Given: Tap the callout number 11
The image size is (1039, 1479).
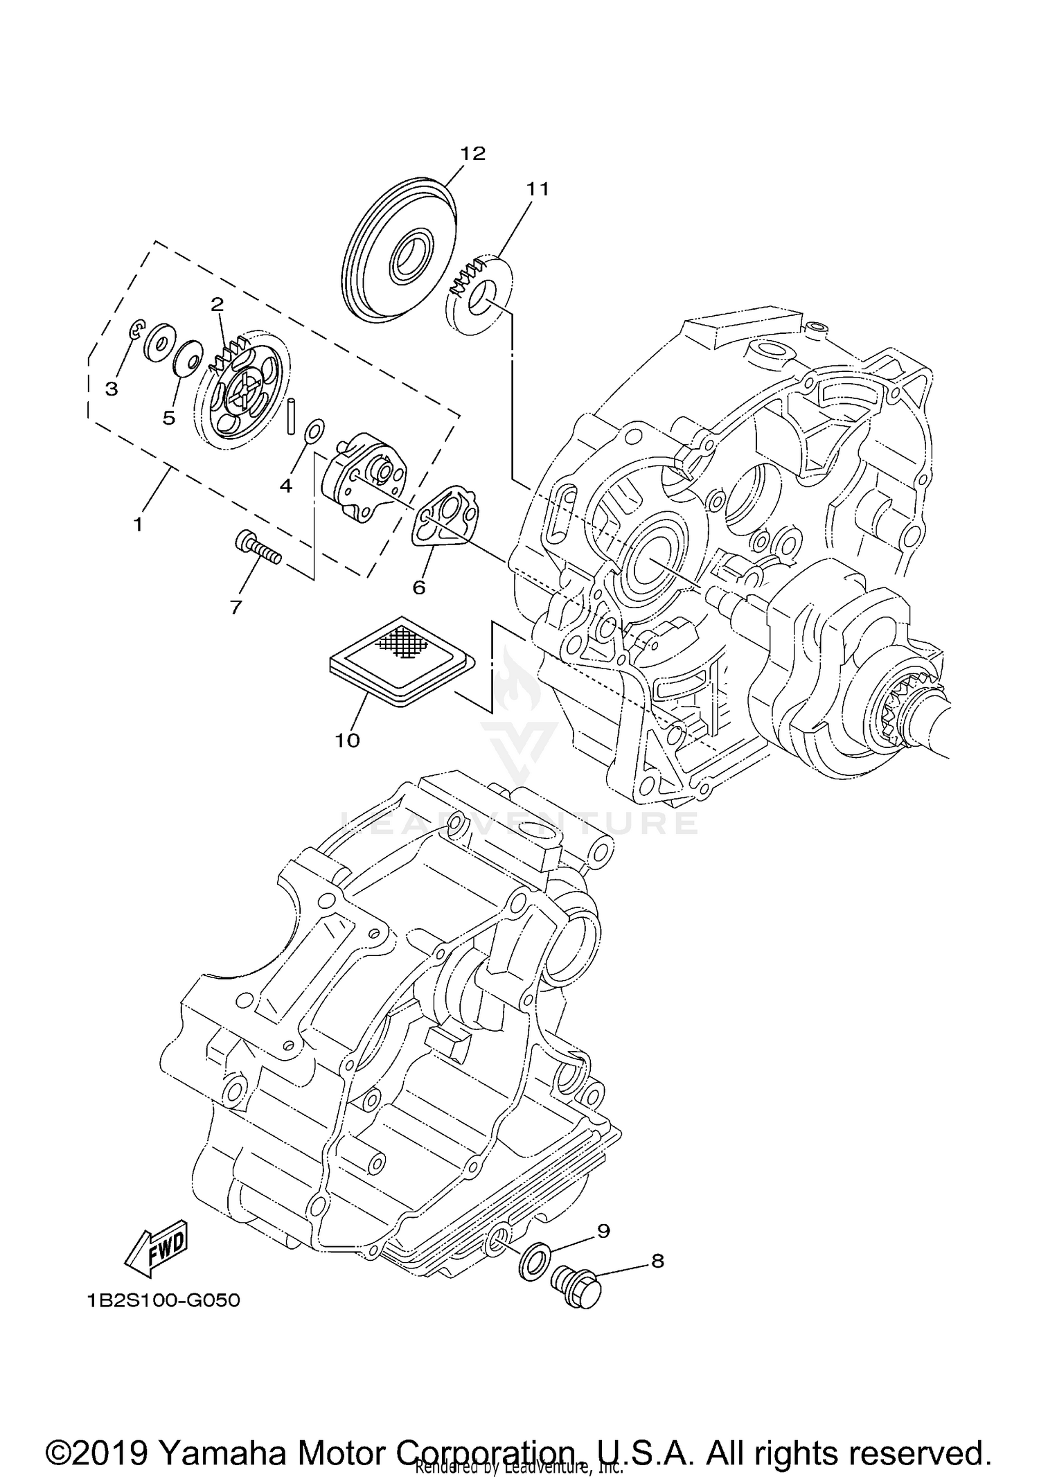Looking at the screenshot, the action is tap(537, 188).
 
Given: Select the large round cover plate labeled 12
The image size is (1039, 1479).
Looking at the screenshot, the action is tap(400, 256).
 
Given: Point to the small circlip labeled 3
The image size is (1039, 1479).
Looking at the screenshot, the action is tap(138, 330).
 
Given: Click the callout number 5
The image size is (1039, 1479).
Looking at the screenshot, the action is tap(168, 418).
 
